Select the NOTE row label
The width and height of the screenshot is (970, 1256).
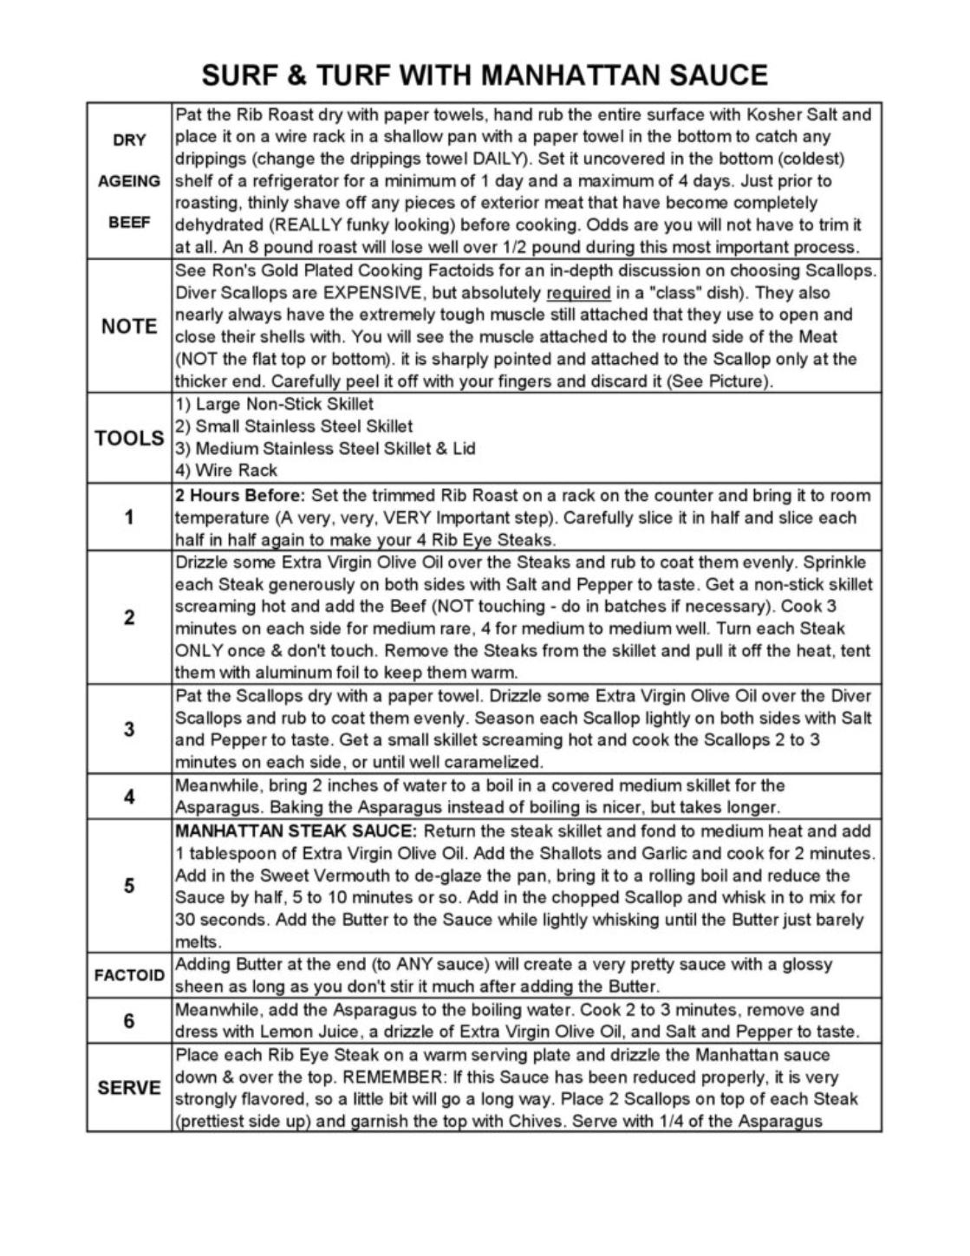[129, 327]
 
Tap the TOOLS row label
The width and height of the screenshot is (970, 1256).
[129, 438]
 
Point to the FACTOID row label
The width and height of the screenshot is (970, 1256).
[129, 975]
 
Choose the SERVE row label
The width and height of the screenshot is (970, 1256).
[129, 1088]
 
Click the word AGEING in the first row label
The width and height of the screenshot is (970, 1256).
[129, 181]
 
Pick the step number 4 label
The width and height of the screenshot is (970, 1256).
[129, 797]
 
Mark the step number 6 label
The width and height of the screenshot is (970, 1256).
[129, 1021]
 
